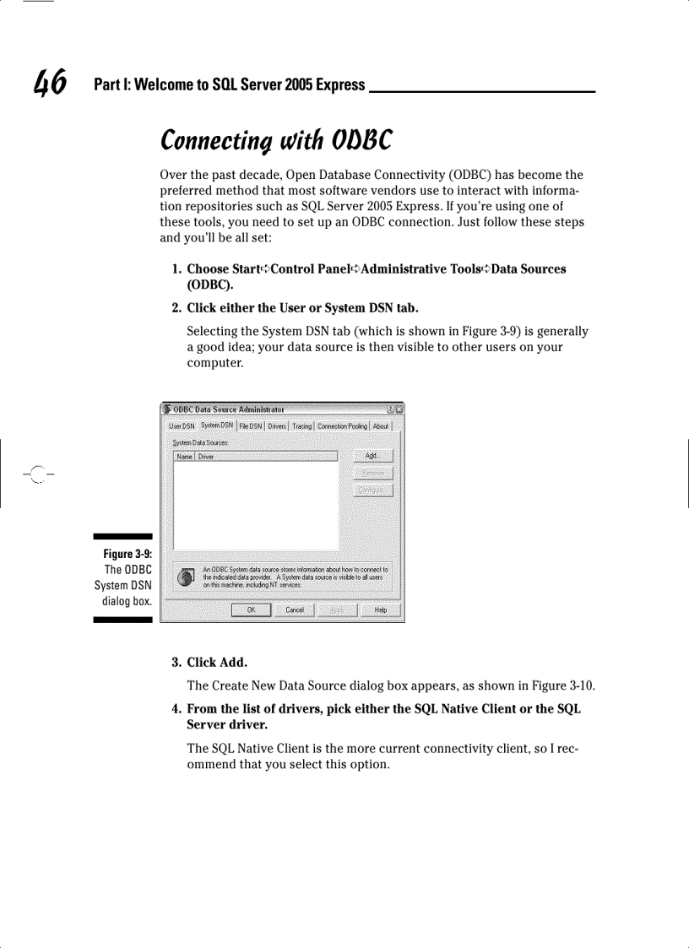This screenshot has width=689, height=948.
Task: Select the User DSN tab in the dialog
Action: pyautogui.click(x=182, y=426)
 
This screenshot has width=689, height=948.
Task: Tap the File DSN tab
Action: pyautogui.click(x=251, y=426)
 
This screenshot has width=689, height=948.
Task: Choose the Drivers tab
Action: pyautogui.click(x=277, y=426)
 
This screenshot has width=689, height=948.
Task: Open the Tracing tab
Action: pyautogui.click(x=302, y=426)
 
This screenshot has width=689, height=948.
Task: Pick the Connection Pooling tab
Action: pyautogui.click(x=342, y=426)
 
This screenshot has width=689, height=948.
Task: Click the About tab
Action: pyautogui.click(x=381, y=426)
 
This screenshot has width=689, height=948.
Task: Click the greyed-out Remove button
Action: pyautogui.click(x=372, y=473)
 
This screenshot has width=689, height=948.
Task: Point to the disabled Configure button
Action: pyautogui.click(x=372, y=490)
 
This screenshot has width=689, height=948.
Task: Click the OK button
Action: pyautogui.click(x=251, y=609)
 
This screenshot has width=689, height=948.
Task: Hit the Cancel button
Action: pyautogui.click(x=294, y=609)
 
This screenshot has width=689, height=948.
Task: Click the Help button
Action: pyautogui.click(x=380, y=609)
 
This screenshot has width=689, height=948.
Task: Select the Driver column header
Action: pyautogui.click(x=206, y=457)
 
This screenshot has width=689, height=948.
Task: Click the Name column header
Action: pyautogui.click(x=184, y=457)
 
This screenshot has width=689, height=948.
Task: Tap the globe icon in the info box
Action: pyautogui.click(x=187, y=577)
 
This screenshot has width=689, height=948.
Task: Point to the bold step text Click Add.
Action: pyautogui.click(x=217, y=662)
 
